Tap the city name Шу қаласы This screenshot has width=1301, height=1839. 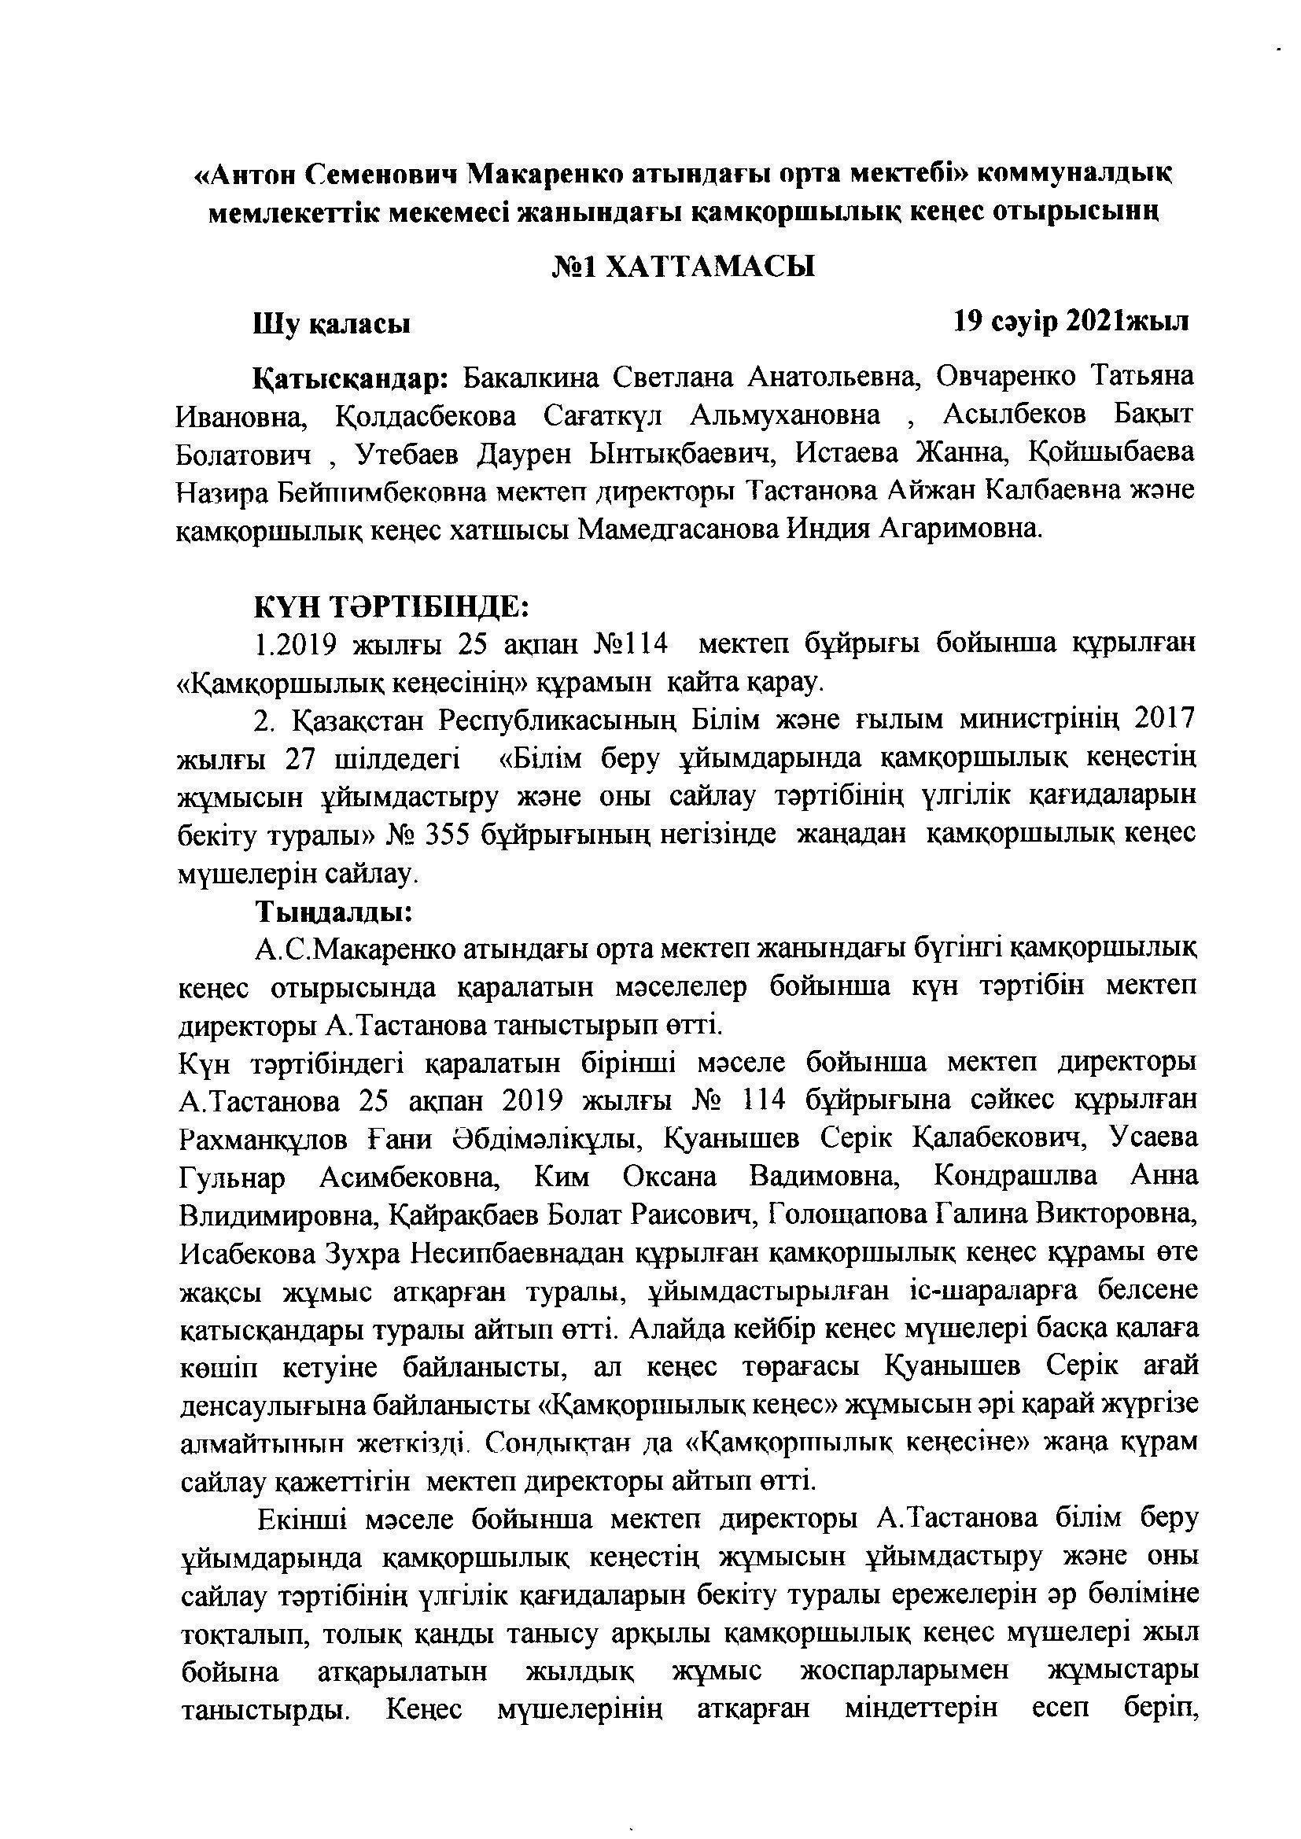333,324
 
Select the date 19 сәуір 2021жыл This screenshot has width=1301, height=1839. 1071,321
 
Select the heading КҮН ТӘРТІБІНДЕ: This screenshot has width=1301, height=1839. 392,606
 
